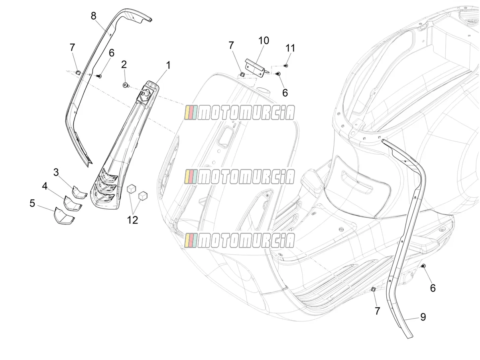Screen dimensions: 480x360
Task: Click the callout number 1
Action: [x=168, y=65]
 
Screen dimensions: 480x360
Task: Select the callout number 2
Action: [x=124, y=65]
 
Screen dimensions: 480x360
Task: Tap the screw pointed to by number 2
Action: [x=125, y=85]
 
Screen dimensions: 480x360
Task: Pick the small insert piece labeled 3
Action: [x=80, y=192]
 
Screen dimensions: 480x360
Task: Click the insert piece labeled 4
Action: [x=73, y=203]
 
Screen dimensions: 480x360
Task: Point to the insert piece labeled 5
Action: [x=64, y=216]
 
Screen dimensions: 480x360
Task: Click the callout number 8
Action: [x=93, y=16]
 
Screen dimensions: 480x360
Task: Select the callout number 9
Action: [x=423, y=317]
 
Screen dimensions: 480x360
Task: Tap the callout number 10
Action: [x=264, y=40]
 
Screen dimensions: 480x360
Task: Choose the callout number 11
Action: [x=290, y=48]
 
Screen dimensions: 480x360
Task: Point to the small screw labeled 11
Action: [x=286, y=65]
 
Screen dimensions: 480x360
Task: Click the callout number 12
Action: [x=132, y=220]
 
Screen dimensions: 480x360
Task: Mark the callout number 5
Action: [x=32, y=203]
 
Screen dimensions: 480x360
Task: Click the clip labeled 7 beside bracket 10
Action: [x=242, y=74]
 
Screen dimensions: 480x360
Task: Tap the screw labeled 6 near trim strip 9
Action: [x=423, y=266]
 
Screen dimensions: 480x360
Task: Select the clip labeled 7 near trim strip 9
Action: [x=373, y=289]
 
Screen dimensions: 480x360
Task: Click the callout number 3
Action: [x=56, y=173]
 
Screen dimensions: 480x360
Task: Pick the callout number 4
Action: [x=45, y=186]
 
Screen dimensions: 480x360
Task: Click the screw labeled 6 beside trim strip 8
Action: [x=99, y=76]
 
